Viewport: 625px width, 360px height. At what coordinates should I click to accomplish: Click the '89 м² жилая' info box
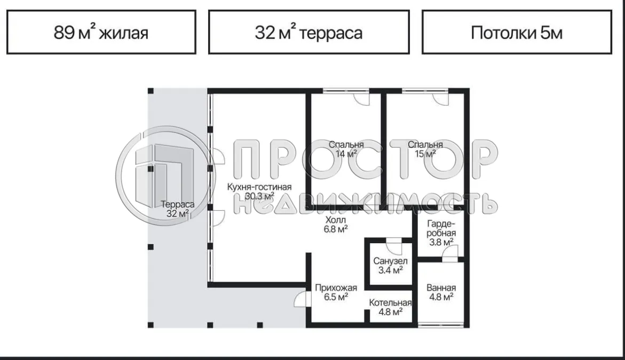(101, 33)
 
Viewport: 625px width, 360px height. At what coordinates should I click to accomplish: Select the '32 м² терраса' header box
(308, 33)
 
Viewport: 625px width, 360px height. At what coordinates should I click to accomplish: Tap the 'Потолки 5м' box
(516, 33)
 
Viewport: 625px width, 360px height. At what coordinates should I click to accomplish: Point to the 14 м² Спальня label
(346, 149)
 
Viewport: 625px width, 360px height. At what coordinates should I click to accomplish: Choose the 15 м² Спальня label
(425, 149)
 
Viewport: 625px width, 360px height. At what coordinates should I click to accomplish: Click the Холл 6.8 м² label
(336, 224)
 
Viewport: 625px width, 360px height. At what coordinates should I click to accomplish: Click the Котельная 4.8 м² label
(390, 308)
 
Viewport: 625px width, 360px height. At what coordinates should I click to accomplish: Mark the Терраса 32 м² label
(177, 209)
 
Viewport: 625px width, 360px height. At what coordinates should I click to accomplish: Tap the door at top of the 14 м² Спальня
(361, 97)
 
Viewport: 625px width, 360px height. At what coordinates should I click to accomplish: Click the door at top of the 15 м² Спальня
(440, 97)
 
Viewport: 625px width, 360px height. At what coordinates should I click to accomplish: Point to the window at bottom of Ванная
(441, 324)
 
